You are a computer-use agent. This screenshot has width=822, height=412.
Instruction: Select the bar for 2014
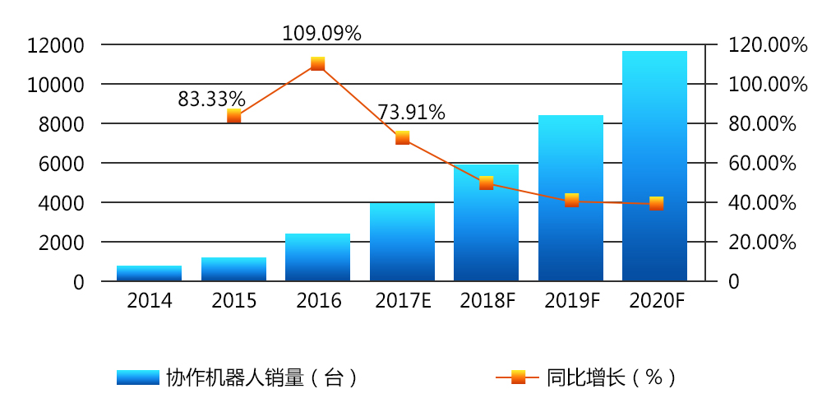[150, 274]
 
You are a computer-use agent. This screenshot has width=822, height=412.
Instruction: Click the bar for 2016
[318, 257]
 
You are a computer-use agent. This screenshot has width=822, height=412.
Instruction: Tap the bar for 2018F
[487, 223]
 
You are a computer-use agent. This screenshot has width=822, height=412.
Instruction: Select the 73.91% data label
[411, 113]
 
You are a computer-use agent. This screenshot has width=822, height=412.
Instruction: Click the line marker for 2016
[318, 64]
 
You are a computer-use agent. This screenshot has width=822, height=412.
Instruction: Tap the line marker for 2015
[234, 116]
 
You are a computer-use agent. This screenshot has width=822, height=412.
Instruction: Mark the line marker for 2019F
[571, 200]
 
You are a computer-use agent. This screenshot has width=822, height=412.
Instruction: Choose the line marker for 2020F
[655, 203]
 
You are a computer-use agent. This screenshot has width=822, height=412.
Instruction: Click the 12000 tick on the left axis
[55, 45]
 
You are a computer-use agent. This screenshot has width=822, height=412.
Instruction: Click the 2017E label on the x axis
[403, 302]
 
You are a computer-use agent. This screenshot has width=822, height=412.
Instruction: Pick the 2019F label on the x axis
[571, 302]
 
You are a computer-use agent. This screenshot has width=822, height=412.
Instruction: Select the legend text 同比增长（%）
[612, 377]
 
